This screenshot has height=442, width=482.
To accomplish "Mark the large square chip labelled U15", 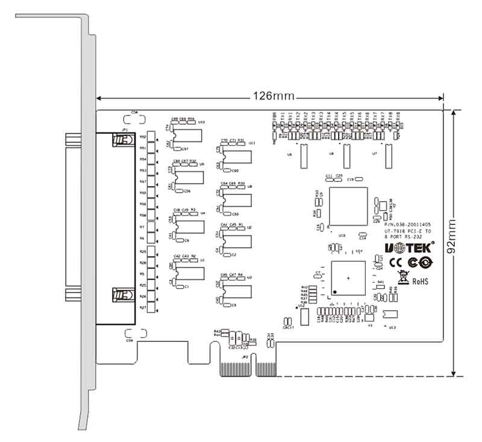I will [x=348, y=206].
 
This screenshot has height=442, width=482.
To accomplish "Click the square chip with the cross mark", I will [x=348, y=278].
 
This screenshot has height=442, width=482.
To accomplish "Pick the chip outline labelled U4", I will [x=189, y=226].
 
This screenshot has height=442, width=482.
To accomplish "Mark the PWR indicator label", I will [x=274, y=117].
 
